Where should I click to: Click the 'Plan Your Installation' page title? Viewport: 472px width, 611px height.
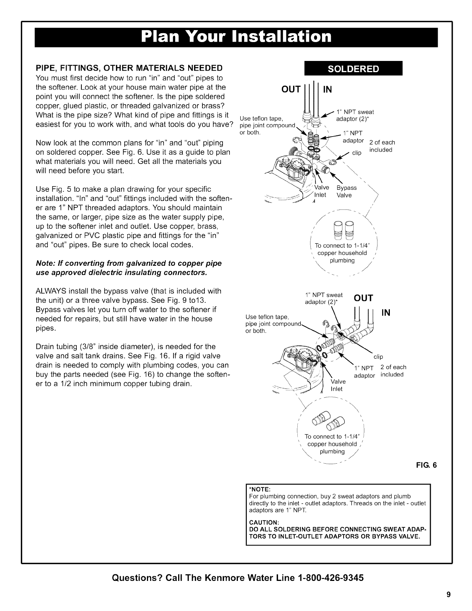coord(236,37)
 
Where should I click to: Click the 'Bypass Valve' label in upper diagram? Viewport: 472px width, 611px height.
coord(346,191)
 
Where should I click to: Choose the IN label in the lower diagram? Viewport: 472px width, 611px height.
coord(386,313)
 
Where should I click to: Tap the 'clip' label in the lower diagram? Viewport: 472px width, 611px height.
coord(378,357)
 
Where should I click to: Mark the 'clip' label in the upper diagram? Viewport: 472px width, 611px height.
coord(357,153)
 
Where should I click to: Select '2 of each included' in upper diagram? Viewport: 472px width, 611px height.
coord(382,146)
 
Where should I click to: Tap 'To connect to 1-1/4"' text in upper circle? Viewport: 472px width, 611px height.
coord(342,246)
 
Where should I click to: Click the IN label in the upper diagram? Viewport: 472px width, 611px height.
coord(327,90)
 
